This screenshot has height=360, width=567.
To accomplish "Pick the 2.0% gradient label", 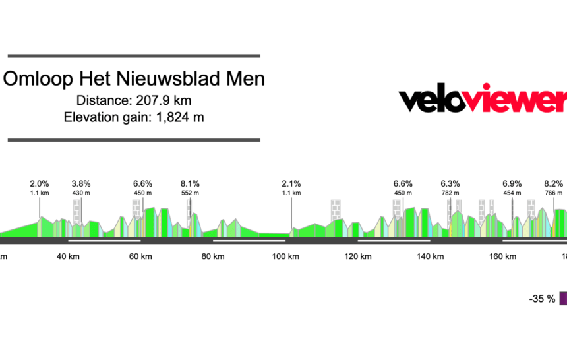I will point(40,184).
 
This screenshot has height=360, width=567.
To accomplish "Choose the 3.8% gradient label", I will point(81,184).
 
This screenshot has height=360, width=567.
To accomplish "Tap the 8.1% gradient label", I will point(190,184).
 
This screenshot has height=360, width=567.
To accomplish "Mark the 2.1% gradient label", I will point(291,184).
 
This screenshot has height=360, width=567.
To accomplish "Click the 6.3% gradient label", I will point(450,184).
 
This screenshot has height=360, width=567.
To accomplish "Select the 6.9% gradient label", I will point(512,184).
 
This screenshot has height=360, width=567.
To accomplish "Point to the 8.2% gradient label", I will point(553,184).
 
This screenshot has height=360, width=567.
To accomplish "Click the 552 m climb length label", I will point(190,193).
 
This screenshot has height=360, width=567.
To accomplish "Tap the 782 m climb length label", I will point(450,193).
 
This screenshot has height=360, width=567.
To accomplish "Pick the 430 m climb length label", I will point(81,193).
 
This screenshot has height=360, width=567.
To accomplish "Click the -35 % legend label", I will point(542,299).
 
